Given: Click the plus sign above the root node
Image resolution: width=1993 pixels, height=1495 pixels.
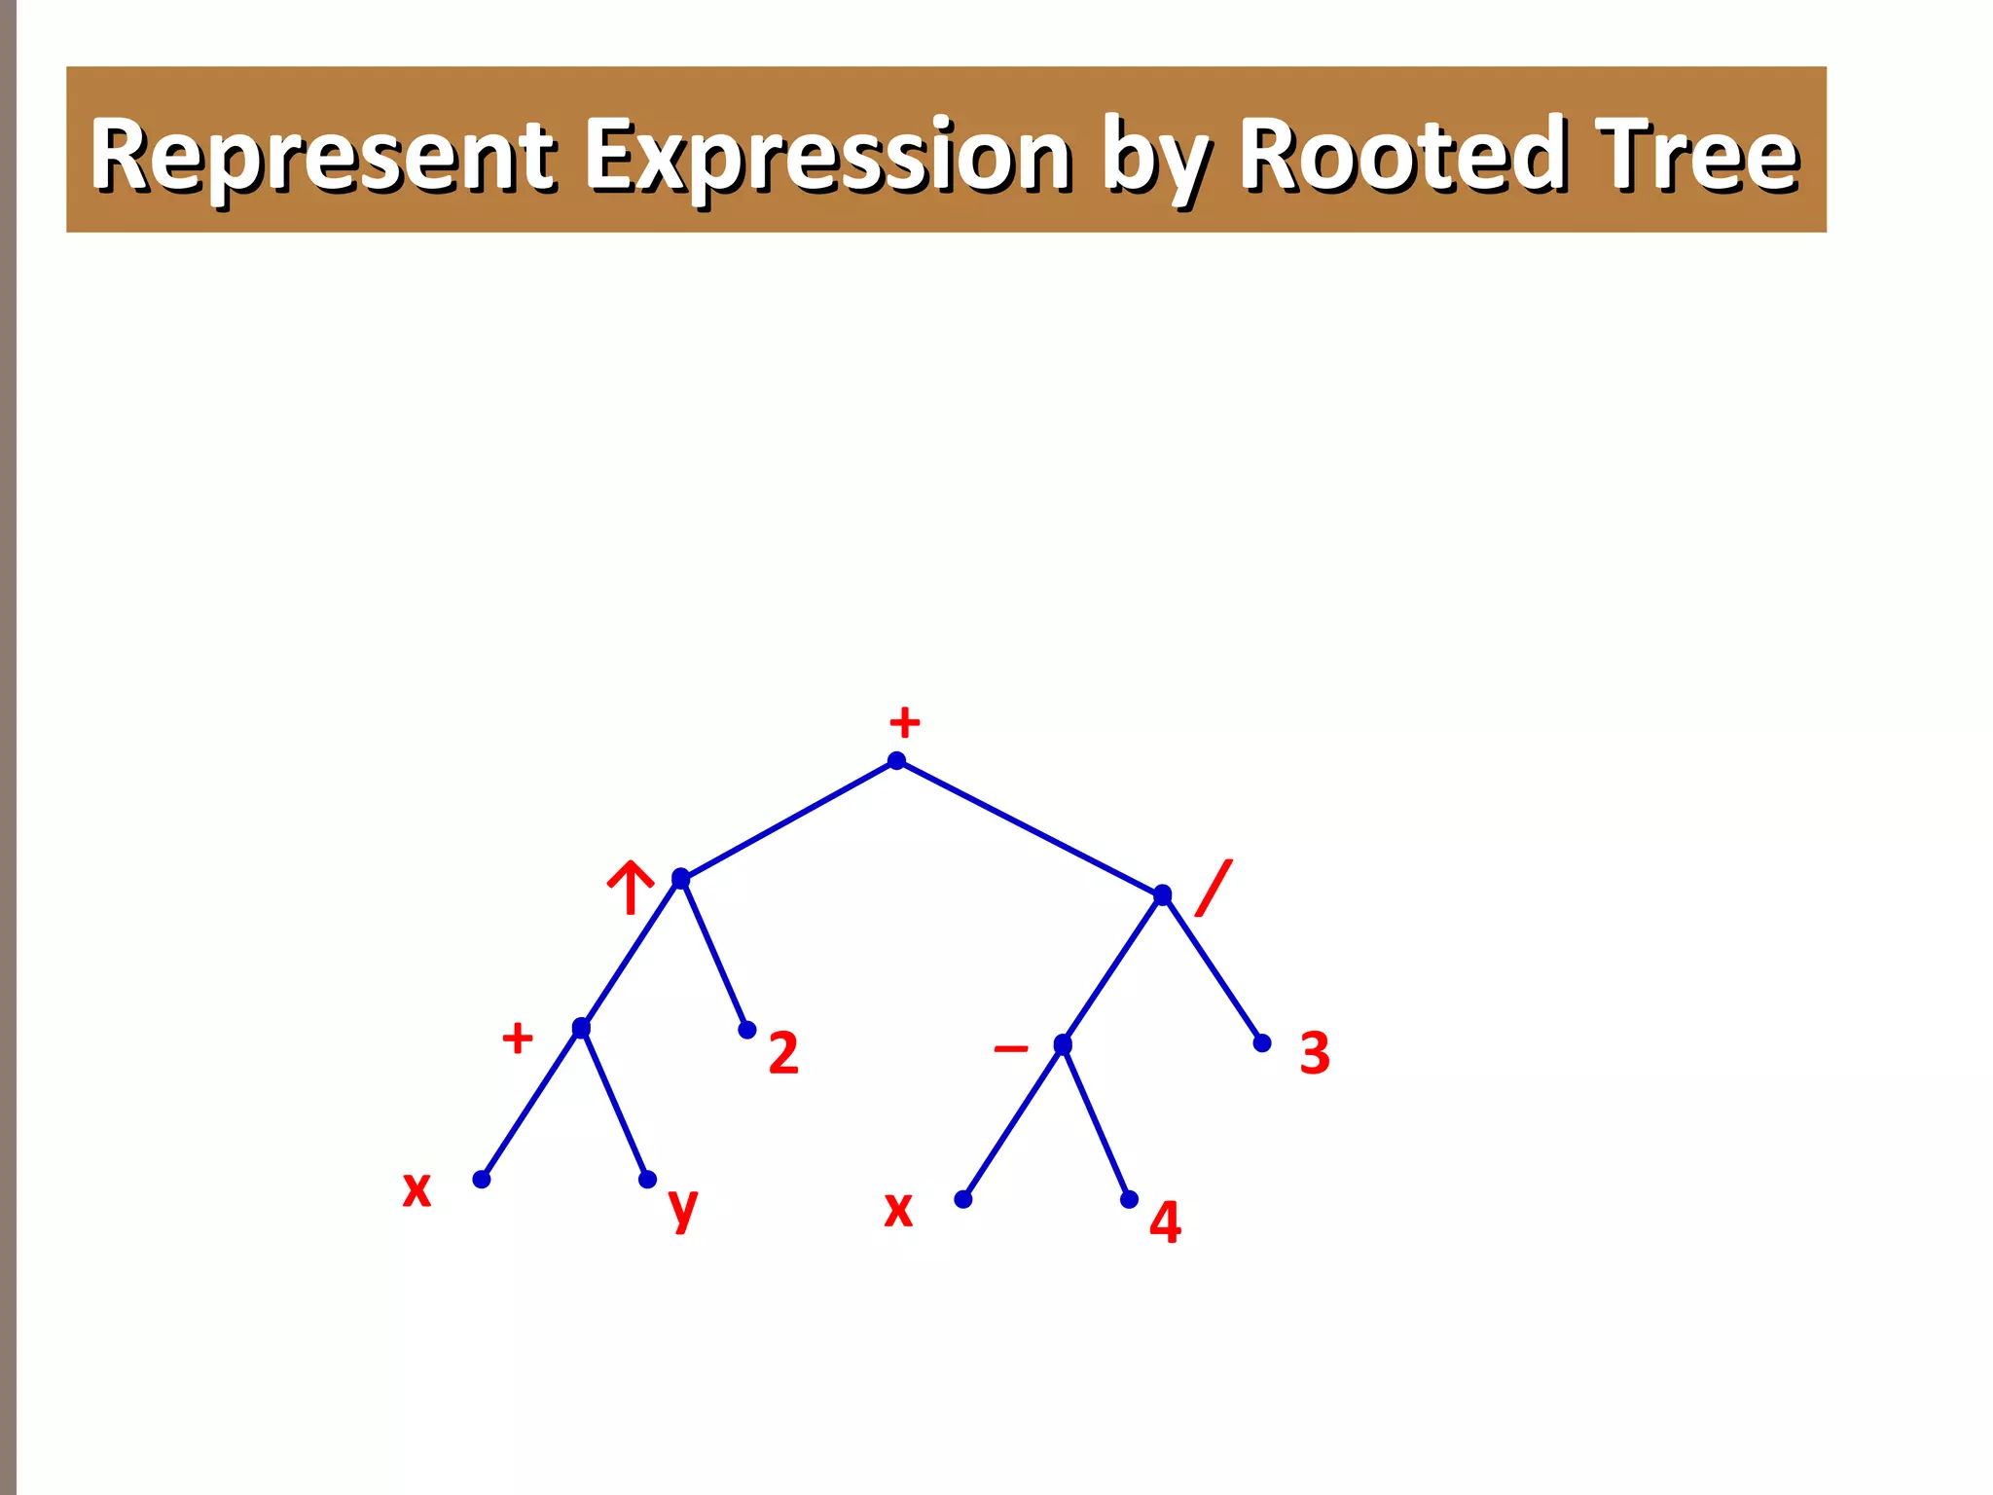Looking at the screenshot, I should tap(904, 723).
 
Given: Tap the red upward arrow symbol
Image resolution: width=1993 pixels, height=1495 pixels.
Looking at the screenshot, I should tap(631, 887).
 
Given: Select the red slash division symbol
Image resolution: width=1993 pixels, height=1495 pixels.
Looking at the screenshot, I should tap(1214, 888).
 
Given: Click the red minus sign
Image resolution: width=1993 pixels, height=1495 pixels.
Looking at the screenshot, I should tap(1011, 1048).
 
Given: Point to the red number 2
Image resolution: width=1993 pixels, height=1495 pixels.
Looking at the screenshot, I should tap(783, 1053).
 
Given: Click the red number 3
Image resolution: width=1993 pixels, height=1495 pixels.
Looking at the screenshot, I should tap(1315, 1053).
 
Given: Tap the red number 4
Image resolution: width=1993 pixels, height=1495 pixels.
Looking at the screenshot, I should tap(1165, 1222).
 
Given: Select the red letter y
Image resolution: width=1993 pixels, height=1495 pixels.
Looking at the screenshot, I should tap(683, 1208).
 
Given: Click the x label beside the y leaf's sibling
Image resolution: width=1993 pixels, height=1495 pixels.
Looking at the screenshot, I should tap(417, 1188).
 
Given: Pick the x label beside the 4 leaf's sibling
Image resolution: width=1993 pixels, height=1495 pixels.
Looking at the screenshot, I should tap(898, 1209).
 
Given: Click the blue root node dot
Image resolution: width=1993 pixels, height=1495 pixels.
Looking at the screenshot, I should tap(897, 761).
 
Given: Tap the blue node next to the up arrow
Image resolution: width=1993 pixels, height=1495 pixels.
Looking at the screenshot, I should tap(681, 879).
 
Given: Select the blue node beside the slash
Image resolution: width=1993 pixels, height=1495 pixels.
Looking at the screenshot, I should tap(1162, 894).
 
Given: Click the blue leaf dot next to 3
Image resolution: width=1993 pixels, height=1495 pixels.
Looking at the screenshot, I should tap(1262, 1043).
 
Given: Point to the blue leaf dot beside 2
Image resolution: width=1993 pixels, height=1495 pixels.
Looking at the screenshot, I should tap(747, 1030).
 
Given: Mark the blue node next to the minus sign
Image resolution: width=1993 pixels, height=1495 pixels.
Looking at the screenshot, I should tap(1063, 1044).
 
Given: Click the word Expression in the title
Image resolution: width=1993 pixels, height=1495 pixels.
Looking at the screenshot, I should tap(828, 156).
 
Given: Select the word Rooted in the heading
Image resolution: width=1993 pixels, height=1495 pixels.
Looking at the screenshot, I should tap(1402, 156).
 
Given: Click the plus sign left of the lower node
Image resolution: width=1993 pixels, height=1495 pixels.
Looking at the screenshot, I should tap(518, 1038).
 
